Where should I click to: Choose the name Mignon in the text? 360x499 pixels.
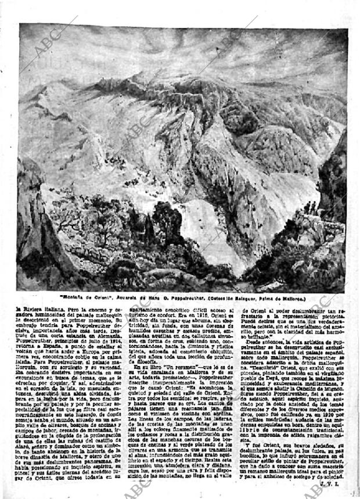tap(331, 389)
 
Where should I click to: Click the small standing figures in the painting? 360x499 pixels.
tap(312, 207)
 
